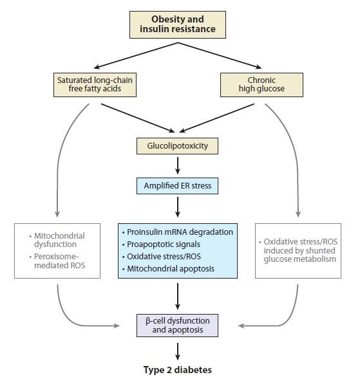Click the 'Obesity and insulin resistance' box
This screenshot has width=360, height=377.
click(178, 24)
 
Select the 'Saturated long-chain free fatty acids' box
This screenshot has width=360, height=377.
click(95, 85)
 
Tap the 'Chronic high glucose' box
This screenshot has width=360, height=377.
click(261, 85)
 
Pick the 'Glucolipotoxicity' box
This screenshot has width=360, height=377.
click(177, 146)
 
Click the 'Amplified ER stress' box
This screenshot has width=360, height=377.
click(177, 186)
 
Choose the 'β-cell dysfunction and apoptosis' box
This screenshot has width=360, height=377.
click(177, 326)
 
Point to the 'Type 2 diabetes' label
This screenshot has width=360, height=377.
click(178, 369)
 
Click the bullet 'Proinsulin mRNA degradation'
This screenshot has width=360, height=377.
click(178, 232)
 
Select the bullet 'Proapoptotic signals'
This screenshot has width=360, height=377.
click(161, 244)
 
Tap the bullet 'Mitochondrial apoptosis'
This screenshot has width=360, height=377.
click(168, 268)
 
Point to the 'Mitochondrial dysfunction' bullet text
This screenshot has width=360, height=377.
click(57, 240)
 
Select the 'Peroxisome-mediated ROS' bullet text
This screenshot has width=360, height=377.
click(57, 261)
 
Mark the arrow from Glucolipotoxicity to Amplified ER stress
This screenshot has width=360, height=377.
click(178, 165)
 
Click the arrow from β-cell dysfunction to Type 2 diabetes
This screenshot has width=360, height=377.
click(178, 351)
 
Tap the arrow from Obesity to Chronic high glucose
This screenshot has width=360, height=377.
click(220, 56)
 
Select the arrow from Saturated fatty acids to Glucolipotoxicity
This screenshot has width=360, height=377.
click(138, 118)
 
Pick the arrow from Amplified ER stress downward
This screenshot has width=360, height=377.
click(178, 207)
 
